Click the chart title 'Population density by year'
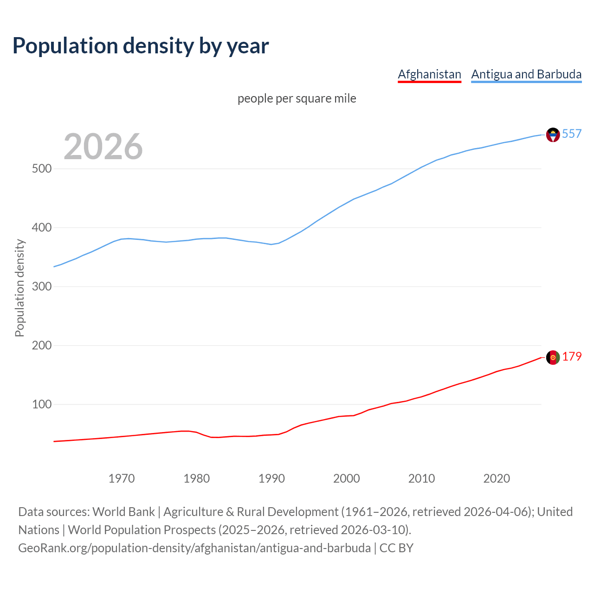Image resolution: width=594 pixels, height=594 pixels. [141, 46]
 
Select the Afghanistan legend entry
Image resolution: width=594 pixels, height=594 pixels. [429, 74]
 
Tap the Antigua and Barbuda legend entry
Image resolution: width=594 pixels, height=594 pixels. [526, 74]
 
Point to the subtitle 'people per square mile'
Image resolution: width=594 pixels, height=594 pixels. [297, 98]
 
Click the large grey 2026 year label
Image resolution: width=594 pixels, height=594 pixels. [103, 147]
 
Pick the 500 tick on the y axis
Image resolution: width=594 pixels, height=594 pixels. [41, 168]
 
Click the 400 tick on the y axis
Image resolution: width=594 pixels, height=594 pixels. [41, 227]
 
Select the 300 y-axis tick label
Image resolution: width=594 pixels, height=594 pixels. [41, 286]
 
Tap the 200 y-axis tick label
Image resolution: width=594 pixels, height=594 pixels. [41, 345]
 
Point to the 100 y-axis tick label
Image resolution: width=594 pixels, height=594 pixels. [41, 404]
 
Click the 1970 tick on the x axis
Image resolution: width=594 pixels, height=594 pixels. [122, 478]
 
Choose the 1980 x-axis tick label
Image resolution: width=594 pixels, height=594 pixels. [197, 478]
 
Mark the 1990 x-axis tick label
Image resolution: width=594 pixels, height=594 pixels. [271, 478]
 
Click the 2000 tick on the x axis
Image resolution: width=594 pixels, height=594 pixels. [347, 478]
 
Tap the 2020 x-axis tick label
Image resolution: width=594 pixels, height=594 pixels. [497, 478]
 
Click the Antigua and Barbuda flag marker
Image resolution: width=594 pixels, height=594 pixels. [553, 135]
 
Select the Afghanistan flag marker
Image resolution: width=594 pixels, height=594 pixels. [553, 357]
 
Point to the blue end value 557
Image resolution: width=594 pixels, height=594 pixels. [572, 134]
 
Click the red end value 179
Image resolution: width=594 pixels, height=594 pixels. [572, 357]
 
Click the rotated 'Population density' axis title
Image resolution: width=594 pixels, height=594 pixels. [19, 288]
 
